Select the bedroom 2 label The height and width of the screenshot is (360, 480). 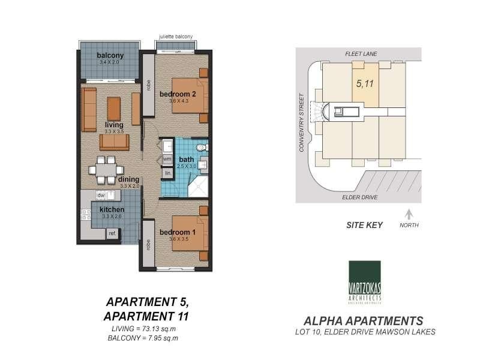pyautogui.click(x=178, y=94)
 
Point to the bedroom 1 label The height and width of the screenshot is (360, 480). pyautogui.click(x=178, y=232)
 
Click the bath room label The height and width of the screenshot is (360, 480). pyautogui.click(x=186, y=159)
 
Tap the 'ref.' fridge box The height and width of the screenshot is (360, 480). pyautogui.click(x=112, y=234)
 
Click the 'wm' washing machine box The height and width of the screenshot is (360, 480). pyautogui.click(x=167, y=159)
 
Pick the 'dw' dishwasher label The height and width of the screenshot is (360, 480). pyautogui.click(x=101, y=196)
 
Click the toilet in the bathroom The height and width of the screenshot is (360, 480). pyautogui.click(x=201, y=147)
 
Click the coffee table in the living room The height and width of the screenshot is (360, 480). pyautogui.click(x=114, y=108)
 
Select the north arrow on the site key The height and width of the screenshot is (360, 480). pyautogui.click(x=409, y=214)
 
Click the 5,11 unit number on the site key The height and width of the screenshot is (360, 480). pyautogui.click(x=365, y=84)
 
